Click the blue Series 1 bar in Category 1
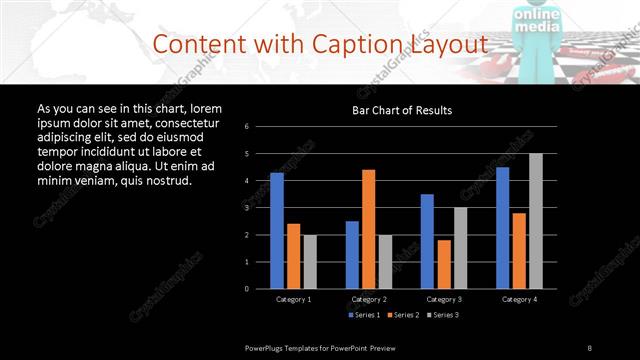(277, 231)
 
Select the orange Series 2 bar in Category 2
(368, 229)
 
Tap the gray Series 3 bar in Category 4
(536, 221)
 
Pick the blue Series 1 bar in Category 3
(427, 241)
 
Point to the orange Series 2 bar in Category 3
(443, 264)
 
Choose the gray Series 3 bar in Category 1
(310, 261)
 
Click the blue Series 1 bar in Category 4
(502, 228)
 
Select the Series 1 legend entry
(363, 315)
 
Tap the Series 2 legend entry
(401, 315)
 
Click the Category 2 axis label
(369, 299)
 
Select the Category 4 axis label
(519, 299)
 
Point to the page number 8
(590, 347)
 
